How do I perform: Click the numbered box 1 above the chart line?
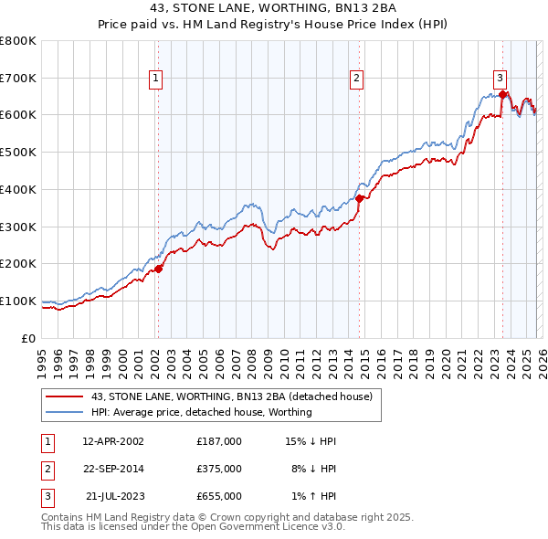pyautogui.click(x=157, y=79)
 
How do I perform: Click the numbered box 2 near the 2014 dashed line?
pyautogui.click(x=356, y=79)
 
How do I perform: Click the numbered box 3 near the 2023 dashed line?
pyautogui.click(x=501, y=79)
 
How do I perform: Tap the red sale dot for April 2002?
pyautogui.click(x=158, y=269)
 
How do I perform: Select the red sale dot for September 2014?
pyautogui.click(x=360, y=198)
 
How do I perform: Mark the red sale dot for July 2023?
pyautogui.click(x=503, y=94)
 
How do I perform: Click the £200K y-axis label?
pyautogui.click(x=18, y=263)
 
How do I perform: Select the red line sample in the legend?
pyautogui.click(x=64, y=397)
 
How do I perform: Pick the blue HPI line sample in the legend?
pyautogui.click(x=64, y=412)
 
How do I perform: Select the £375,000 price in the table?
pyautogui.click(x=219, y=469)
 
